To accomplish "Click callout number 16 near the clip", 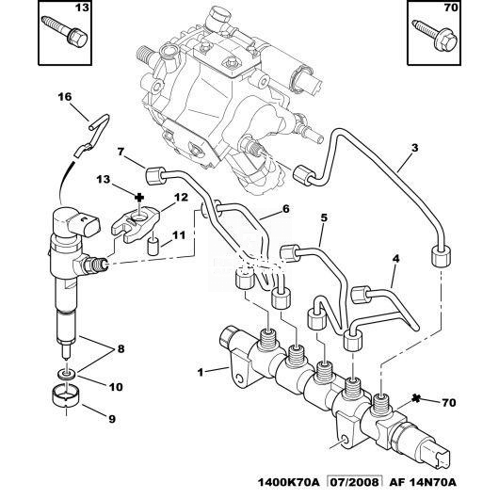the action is [65, 96].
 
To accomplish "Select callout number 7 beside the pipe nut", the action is [121, 152].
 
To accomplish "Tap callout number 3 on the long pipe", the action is [414, 148].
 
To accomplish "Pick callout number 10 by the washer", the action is [116, 387].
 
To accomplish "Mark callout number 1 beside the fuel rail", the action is [201, 372].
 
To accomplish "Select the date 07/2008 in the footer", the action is [355, 482].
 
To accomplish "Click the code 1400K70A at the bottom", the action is [288, 482].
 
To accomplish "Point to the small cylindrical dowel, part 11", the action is [153, 246].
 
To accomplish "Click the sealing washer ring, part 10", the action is [67, 374].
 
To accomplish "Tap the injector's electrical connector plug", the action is [87, 224].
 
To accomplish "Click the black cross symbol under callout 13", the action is [139, 198].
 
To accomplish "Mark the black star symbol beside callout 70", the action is [416, 399].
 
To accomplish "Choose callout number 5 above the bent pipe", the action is [324, 217].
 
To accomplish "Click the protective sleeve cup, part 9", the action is [66, 395].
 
